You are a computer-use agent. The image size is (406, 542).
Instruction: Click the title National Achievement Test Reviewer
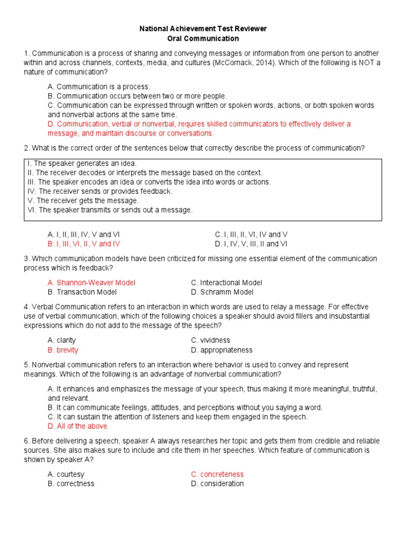tap(203, 29)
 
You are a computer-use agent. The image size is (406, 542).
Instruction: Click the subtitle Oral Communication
tap(203, 39)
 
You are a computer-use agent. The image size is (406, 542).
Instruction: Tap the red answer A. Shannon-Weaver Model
tap(91, 283)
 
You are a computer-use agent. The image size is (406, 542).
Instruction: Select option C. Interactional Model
tap(226, 283)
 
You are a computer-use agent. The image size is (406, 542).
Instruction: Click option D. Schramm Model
tap(222, 292)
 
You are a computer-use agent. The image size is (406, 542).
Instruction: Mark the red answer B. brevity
tap(63, 350)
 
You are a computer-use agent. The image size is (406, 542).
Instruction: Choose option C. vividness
tap(210, 340)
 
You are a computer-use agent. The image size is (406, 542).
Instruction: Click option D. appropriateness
tap(222, 350)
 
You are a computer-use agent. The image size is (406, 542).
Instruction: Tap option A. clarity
tap(62, 340)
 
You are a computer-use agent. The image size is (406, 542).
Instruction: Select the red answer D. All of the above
tap(77, 426)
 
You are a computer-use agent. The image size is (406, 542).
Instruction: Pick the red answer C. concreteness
tap(217, 474)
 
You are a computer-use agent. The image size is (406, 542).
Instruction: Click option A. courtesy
tap(66, 474)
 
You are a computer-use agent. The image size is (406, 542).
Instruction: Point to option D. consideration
tap(217, 484)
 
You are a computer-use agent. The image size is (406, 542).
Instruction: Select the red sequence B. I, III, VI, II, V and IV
tap(84, 244)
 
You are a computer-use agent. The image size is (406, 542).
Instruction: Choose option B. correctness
tap(71, 484)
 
